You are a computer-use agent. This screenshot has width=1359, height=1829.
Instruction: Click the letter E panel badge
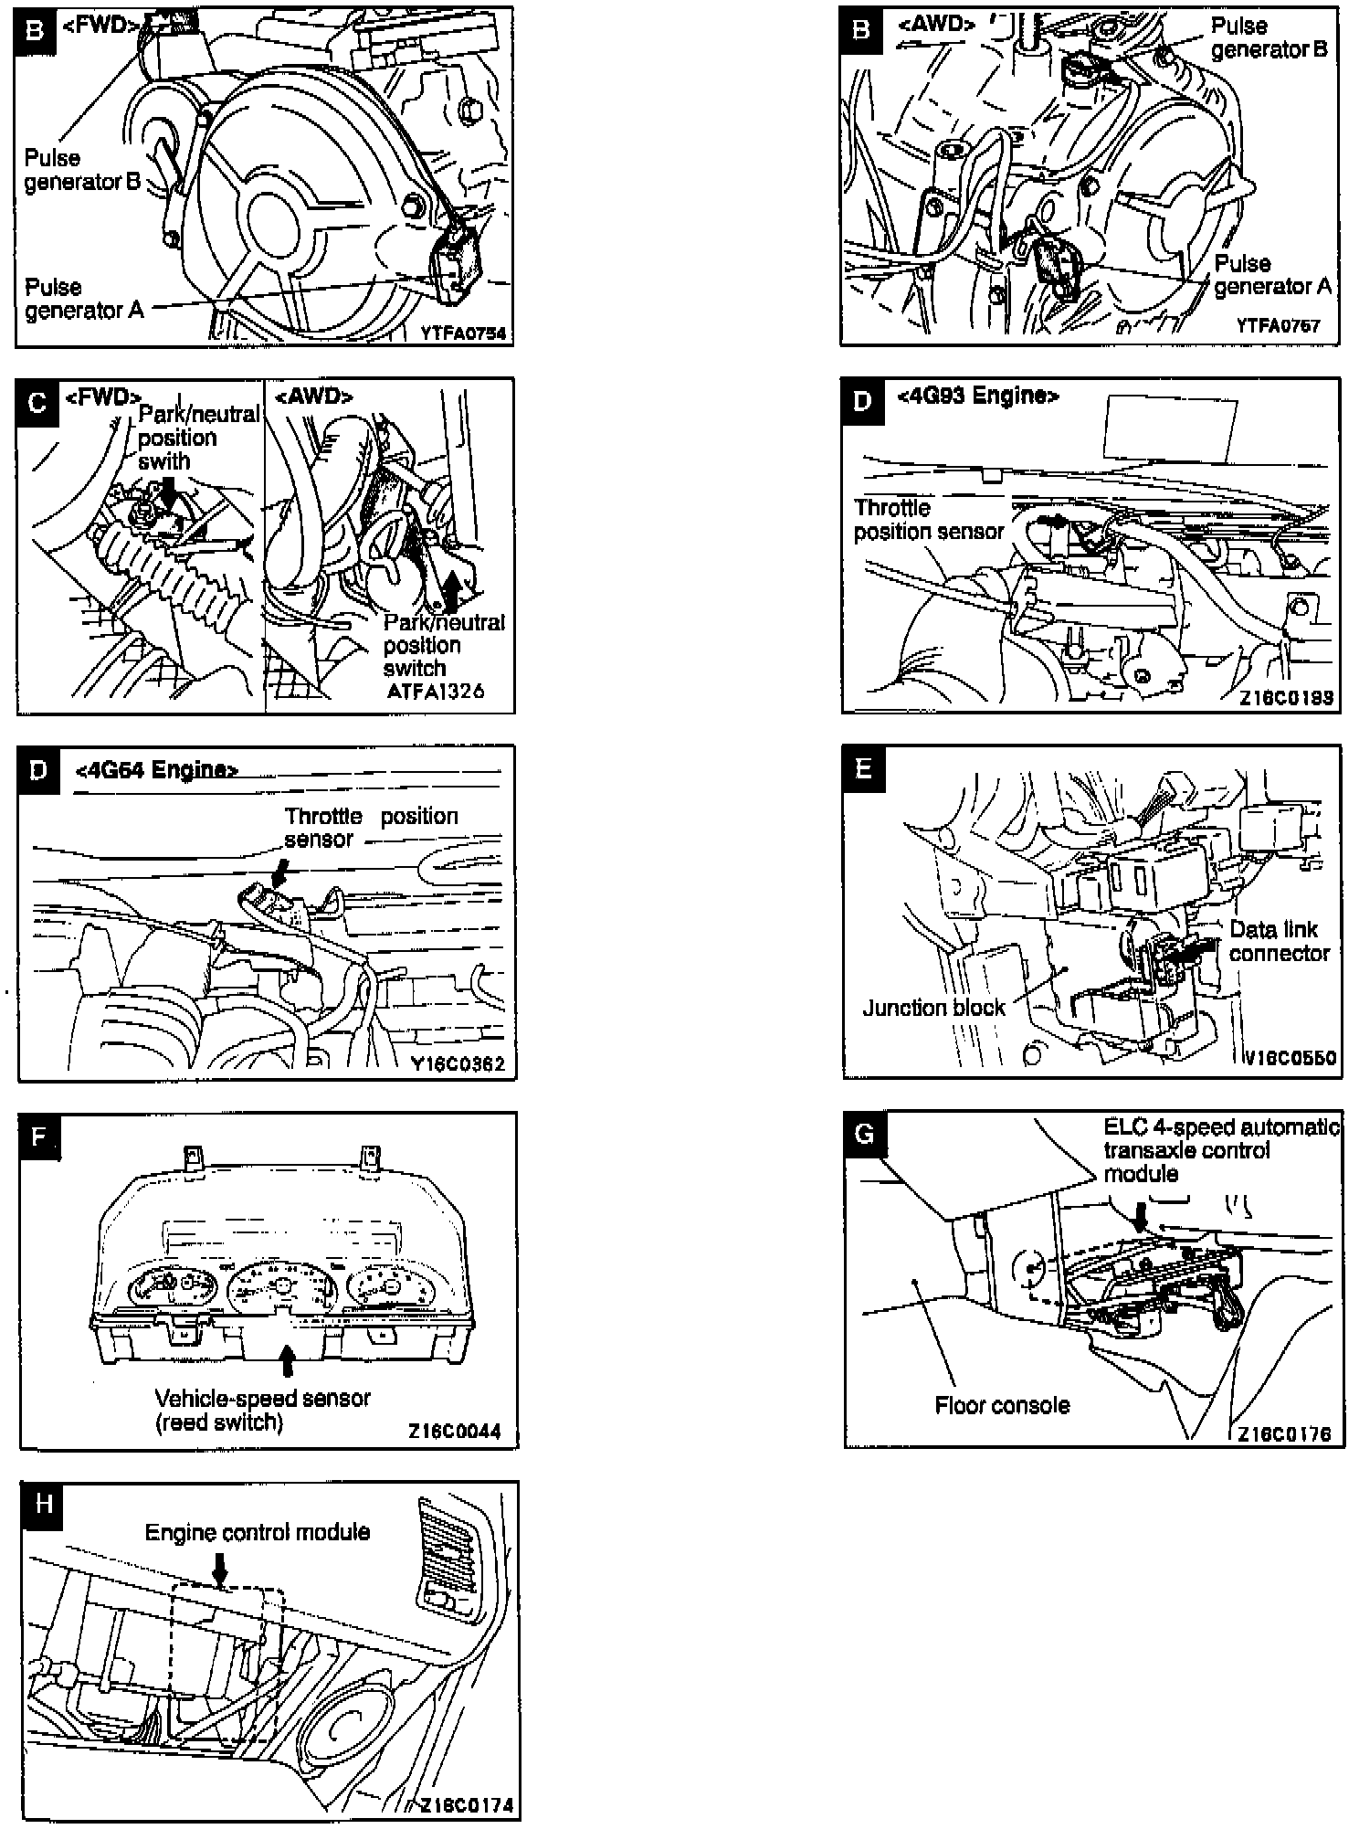point(864,767)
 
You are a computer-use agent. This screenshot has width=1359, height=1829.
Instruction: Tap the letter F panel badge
point(38,1137)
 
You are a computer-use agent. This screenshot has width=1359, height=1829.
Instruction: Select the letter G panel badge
point(864,1134)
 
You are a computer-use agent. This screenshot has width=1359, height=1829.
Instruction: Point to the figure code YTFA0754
point(463,334)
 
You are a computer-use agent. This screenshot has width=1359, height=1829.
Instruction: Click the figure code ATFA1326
point(435,691)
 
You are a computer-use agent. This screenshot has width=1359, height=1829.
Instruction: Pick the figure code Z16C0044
point(455,1432)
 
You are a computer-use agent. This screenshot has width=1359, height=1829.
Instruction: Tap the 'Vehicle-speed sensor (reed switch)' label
point(262,1410)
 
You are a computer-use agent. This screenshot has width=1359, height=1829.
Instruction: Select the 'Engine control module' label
point(258,1532)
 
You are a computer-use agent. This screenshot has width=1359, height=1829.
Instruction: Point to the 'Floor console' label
point(1002,1405)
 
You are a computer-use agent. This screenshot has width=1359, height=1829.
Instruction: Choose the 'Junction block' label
point(933,1008)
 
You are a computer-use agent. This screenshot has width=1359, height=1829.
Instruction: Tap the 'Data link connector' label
point(1279,941)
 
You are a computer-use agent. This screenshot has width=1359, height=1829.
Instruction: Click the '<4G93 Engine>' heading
point(978,396)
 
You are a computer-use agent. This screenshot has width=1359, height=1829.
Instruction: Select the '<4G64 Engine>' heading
point(156,770)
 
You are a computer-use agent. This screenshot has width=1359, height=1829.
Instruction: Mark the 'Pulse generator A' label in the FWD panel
point(84,299)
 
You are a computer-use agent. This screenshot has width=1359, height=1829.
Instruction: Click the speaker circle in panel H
point(345,1737)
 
